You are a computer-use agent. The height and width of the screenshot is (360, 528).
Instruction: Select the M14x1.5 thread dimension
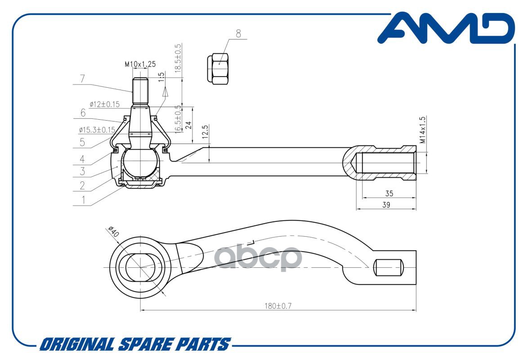coord(422,130)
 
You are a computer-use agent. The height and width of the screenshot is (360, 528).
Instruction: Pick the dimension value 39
coord(386,205)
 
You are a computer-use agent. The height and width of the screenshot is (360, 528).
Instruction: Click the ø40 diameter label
coord(113,232)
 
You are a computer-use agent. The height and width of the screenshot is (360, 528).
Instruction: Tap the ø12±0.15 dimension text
coord(104,104)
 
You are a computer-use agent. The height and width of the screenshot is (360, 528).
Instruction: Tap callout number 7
coord(82,79)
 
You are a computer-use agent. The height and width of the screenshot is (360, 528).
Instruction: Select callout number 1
coord(82,199)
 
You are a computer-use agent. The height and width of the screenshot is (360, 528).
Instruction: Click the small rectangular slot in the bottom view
coord(388,268)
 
